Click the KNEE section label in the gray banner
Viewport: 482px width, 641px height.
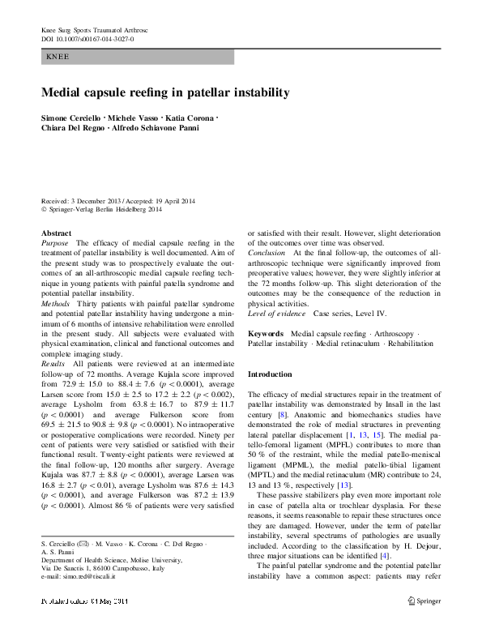(58, 57)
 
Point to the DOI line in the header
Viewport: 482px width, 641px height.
(87, 39)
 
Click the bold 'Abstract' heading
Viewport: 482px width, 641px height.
(56, 233)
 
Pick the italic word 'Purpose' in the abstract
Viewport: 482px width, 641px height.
(55, 242)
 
